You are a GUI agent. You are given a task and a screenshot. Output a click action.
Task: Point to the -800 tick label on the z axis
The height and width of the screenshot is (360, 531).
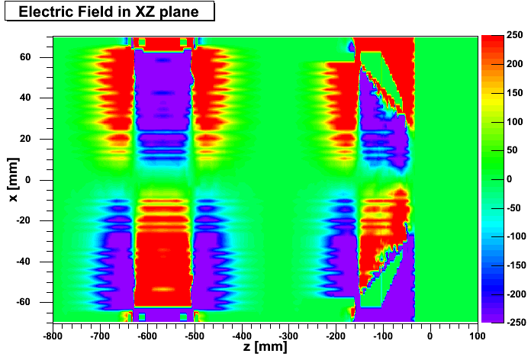tap(53, 334)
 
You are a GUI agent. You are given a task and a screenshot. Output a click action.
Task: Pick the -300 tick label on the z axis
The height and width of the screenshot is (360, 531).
tap(288, 334)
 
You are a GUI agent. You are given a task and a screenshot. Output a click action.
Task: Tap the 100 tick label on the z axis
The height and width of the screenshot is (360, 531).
tap(477, 334)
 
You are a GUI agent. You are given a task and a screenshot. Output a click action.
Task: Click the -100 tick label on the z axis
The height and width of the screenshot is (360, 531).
tap(383, 334)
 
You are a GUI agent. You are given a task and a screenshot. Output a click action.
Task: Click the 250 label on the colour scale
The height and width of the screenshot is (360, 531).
tap(514, 36)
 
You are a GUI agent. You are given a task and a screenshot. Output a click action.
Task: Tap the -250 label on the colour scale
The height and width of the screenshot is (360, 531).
tap(516, 322)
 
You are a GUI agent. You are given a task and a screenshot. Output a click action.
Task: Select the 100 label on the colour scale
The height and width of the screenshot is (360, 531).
tap(514, 121)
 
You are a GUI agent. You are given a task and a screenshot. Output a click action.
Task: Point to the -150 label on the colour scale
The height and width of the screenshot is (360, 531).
tap(516, 265)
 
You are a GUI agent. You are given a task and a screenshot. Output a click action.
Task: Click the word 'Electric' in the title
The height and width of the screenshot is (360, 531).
tap(43, 11)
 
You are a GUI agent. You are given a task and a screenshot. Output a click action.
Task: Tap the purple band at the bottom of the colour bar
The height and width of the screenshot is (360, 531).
tap(491, 317)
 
